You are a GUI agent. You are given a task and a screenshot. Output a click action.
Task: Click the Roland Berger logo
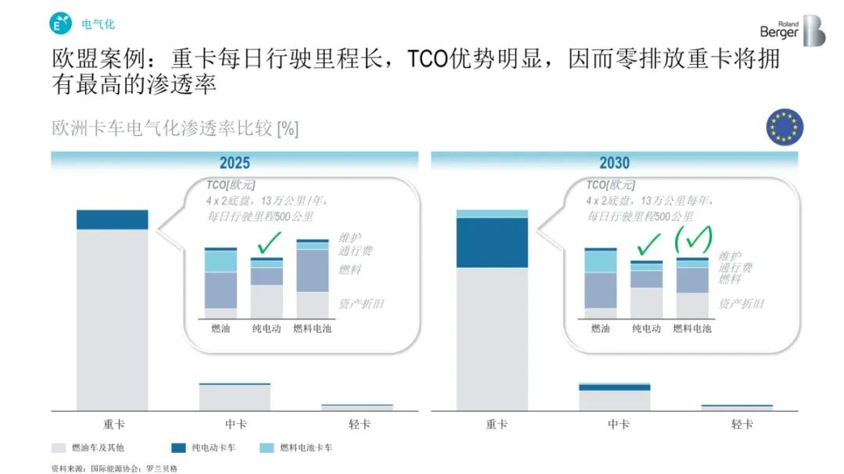[x=792, y=30]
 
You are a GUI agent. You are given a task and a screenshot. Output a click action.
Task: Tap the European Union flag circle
[x=785, y=127]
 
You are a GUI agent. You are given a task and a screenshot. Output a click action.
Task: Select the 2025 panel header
[x=234, y=162]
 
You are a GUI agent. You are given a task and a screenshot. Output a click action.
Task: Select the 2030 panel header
[x=614, y=162]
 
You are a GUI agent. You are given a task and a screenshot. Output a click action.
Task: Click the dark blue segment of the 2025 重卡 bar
[x=112, y=219]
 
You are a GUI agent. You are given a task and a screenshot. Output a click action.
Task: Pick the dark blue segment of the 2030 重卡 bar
[x=492, y=243]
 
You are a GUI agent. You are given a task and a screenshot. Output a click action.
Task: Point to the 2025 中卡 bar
[x=234, y=397]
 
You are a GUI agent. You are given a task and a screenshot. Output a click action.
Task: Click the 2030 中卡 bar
[x=615, y=397]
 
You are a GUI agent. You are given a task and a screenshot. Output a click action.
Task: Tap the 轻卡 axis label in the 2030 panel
[x=742, y=425]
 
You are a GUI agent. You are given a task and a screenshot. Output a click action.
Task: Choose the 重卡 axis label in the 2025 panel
[x=114, y=425]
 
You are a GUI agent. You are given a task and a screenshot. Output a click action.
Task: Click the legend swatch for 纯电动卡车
[x=178, y=447]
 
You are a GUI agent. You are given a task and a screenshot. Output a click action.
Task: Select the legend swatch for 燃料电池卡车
[x=266, y=447]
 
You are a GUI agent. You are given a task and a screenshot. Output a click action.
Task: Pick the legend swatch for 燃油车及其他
[x=58, y=447]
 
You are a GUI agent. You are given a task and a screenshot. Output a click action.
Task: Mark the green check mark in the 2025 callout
[x=269, y=243]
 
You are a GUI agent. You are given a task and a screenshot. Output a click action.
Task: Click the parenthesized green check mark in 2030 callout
[x=693, y=239]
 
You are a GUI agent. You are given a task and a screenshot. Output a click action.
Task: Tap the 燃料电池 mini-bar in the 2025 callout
[x=312, y=279]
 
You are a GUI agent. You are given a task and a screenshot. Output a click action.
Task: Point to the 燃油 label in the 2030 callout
[x=600, y=328]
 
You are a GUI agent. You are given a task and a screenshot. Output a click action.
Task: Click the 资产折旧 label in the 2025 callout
[x=361, y=304]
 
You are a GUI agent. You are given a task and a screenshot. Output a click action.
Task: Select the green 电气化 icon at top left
[x=60, y=23]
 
